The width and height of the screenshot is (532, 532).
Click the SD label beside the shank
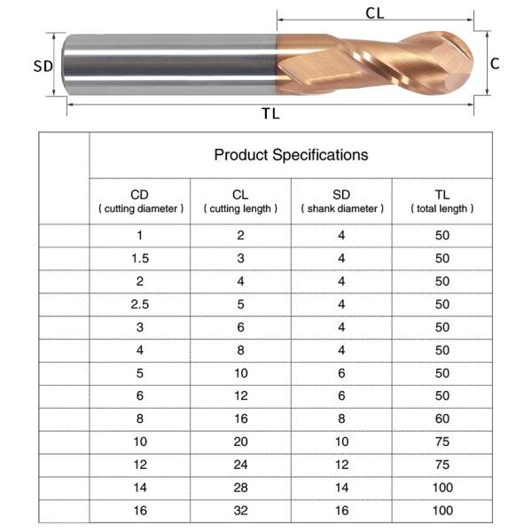click(x=43, y=66)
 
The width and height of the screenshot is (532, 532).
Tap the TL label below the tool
click(x=270, y=113)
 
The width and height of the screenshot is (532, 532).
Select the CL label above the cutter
click(x=375, y=13)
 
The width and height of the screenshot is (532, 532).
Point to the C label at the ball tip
click(x=495, y=64)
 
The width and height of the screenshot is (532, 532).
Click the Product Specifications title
click(x=291, y=154)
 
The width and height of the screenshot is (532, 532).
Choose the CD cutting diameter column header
click(x=140, y=201)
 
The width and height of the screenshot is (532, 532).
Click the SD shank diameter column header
click(x=342, y=201)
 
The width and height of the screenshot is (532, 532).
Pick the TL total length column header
click(x=442, y=201)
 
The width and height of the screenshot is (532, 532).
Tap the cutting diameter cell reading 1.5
click(x=140, y=259)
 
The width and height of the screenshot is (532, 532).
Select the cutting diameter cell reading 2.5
click(x=140, y=304)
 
